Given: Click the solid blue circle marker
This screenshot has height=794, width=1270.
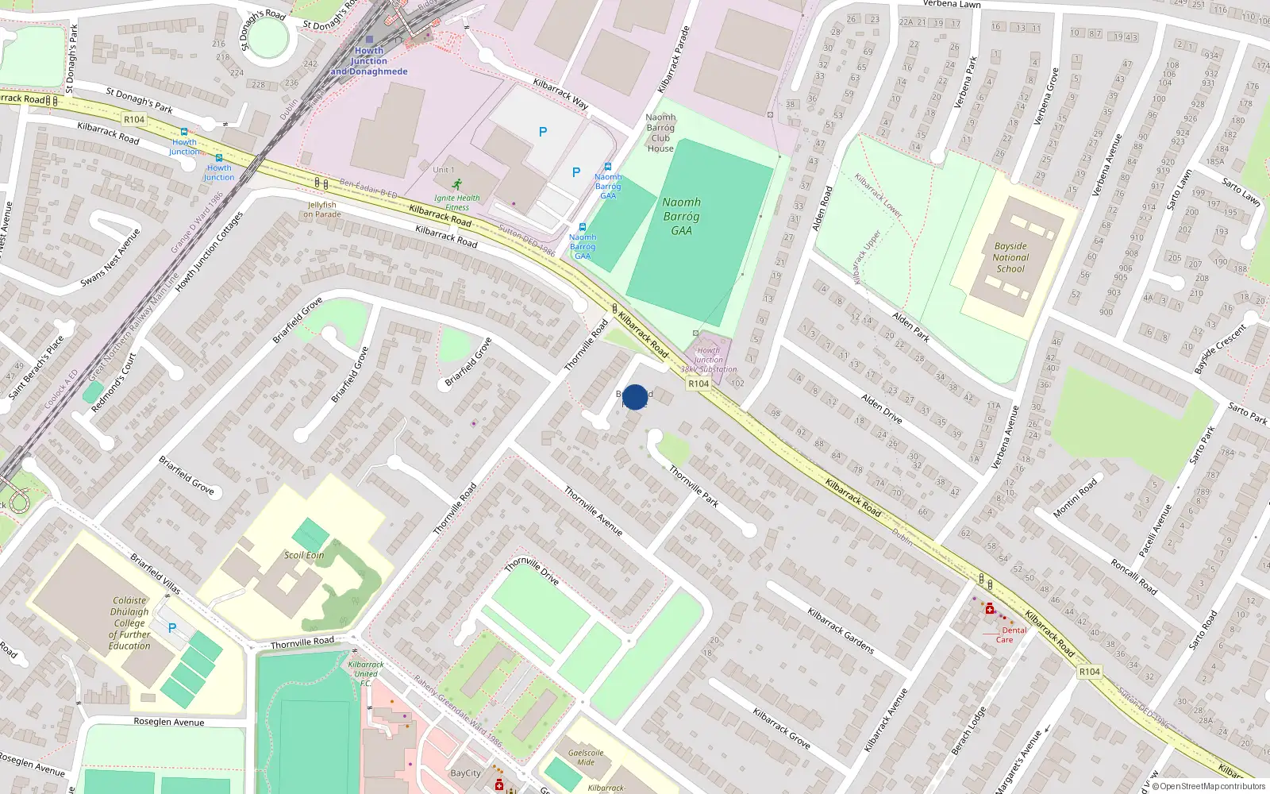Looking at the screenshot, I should (x=635, y=397).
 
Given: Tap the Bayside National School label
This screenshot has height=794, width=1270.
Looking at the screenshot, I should (x=1010, y=257).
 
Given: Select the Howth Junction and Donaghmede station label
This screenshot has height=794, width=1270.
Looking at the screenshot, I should (x=369, y=61).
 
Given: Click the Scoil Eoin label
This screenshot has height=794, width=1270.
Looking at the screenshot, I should (x=304, y=555).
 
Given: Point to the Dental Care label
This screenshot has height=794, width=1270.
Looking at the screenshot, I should (x=1010, y=634).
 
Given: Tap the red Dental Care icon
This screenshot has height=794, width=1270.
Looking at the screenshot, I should (x=990, y=609).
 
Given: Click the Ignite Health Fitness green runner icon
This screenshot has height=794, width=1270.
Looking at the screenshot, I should (x=456, y=184).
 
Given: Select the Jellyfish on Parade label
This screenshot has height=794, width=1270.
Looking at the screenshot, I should (x=322, y=210).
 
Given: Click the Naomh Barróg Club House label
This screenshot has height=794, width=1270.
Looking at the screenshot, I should (x=660, y=133).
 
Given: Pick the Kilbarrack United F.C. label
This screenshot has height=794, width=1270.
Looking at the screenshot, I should (x=366, y=673).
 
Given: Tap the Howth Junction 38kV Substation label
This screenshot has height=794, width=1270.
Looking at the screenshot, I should (x=708, y=360).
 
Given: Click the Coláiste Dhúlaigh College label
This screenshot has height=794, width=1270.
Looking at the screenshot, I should (x=129, y=623).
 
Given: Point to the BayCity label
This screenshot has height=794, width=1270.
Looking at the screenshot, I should (x=465, y=773).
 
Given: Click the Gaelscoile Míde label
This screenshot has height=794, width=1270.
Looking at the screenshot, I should (x=586, y=757).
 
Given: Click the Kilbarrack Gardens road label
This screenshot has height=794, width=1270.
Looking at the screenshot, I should (x=841, y=631).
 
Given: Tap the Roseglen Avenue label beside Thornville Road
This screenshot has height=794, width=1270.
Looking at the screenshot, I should (x=169, y=722).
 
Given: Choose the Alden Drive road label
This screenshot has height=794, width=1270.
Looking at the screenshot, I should (x=882, y=409).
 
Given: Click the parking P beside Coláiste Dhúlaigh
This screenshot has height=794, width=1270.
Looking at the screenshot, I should (x=172, y=628).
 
